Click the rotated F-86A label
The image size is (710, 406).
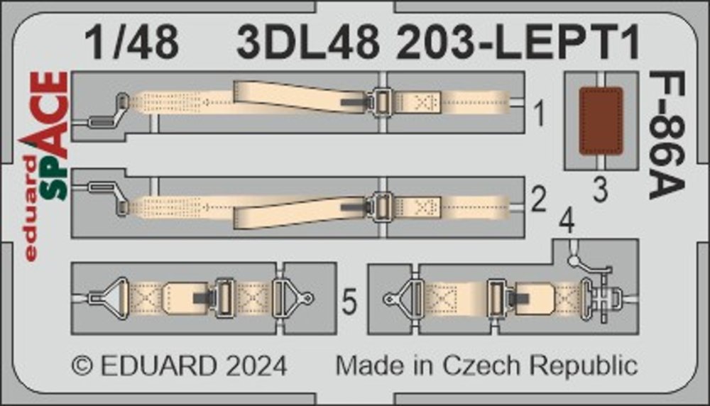[x=667, y=135]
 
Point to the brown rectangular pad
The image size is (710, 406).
[x=601, y=121]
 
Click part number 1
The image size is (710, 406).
[x=539, y=114]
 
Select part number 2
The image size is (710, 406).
[x=538, y=199]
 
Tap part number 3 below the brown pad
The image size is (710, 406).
[x=600, y=190]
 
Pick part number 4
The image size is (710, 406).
[x=567, y=221]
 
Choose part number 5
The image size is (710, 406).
[x=349, y=302]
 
